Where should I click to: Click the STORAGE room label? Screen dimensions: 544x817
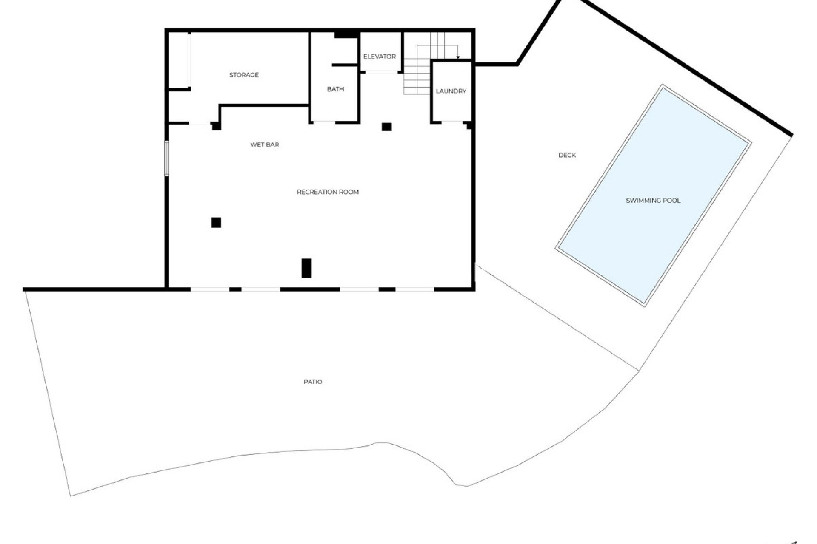244,75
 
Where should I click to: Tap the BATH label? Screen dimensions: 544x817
335,89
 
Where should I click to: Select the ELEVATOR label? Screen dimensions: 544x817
380,57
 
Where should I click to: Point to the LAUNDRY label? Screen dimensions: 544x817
451,91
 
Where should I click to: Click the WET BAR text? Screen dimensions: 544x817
265,144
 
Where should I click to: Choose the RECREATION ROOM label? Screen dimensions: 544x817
328,192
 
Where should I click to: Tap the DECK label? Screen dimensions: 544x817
567,156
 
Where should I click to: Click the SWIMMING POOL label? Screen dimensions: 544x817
653,201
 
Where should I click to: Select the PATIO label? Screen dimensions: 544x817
313,382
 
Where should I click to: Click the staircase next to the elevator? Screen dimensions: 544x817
417,76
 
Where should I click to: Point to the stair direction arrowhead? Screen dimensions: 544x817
458,57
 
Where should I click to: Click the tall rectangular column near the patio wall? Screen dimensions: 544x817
306,268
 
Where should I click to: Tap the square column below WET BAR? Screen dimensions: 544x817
216,222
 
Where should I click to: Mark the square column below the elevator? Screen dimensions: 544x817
386,127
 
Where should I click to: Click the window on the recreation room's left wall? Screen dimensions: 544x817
166,158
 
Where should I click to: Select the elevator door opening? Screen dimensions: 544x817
381,73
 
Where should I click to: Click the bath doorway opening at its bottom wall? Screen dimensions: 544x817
324,122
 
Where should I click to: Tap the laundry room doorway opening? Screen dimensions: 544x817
452,122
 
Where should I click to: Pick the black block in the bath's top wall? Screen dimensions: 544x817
345,35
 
